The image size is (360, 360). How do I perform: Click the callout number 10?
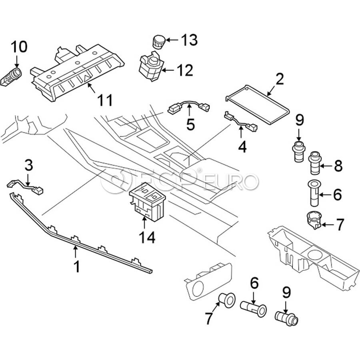tap(19, 47)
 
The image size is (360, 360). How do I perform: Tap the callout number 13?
tap(189, 40)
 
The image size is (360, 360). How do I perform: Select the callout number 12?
tap(184, 70)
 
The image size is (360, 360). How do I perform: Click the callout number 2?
tap(279, 79)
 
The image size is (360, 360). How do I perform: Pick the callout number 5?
tap(190, 124)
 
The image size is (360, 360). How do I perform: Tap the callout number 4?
tap(242, 147)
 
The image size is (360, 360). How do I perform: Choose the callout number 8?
tap(338, 166)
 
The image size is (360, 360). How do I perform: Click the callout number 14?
tap(146, 237)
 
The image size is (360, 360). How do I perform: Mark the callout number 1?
tap(76, 266)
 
